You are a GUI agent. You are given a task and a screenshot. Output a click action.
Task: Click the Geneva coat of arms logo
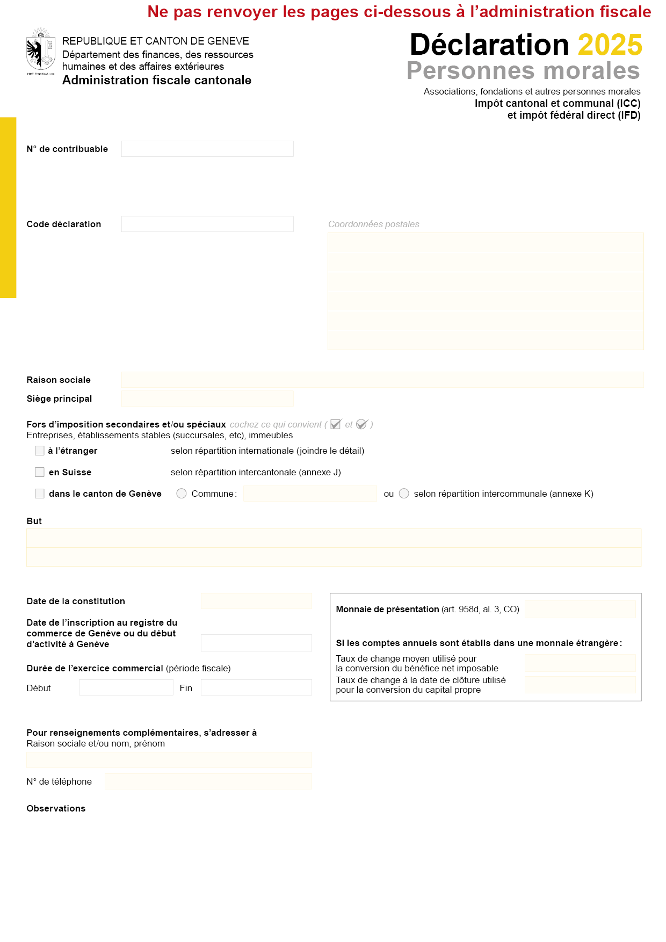pos(41,52)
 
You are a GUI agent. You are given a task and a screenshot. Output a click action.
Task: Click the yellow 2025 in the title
pos(610,45)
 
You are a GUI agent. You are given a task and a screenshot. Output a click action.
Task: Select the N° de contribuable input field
pos(207,149)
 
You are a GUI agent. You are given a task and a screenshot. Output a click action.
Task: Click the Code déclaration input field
pos(207,224)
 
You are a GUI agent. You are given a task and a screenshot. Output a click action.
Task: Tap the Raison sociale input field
pos(382,380)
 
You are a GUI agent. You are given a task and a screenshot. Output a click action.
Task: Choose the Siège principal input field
pos(207,398)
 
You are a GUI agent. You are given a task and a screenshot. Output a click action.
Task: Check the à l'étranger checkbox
pos(40,451)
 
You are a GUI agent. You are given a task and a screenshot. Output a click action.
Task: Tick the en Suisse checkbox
pos(40,472)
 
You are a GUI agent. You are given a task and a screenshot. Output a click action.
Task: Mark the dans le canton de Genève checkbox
pos(40,494)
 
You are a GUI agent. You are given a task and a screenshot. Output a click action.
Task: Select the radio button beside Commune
pos(182,494)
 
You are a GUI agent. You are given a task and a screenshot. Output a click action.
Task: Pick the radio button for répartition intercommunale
pos(404,494)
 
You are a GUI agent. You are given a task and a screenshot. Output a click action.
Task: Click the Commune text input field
pos(310,494)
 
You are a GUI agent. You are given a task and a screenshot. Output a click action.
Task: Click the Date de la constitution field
pos(256,601)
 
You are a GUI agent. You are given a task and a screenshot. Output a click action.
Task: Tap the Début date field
pos(126,687)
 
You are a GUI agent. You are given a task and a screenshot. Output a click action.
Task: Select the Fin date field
pos(256,687)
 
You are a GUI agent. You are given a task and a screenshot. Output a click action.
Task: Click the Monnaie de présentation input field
pos(580,609)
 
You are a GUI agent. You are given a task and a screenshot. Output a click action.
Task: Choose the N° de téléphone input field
pos(208,781)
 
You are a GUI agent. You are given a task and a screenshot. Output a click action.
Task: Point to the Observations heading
pos(56,808)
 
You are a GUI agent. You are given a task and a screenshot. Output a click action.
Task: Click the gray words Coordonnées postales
pos(374,224)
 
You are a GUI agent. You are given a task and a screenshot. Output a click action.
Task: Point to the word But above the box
pos(34,521)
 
